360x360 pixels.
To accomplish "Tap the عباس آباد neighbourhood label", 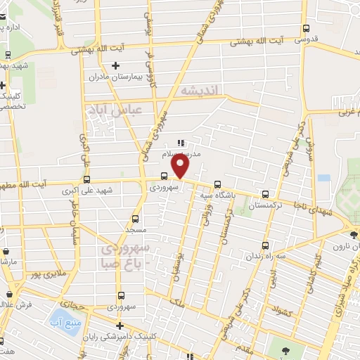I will tap(114, 110).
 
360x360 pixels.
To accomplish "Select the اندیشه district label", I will tap(200, 91).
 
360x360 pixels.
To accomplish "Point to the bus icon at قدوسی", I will tap(305, 29).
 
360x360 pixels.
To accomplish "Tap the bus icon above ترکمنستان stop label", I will tap(265, 194).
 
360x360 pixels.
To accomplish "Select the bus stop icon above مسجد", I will tap(135, 219).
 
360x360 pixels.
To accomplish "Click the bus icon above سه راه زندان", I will tap(265, 245).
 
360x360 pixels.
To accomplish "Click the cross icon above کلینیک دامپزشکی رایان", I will tap(120, 326).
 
